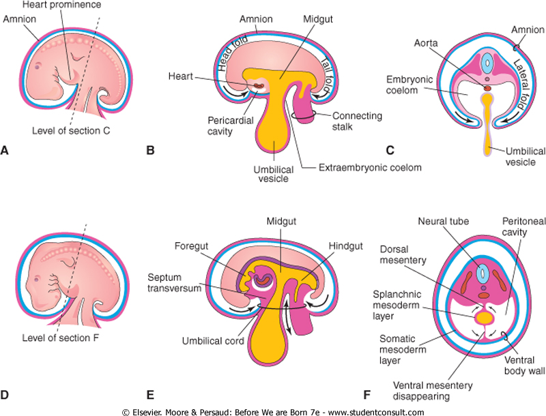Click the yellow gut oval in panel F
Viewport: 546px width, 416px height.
pyautogui.click(x=485, y=317)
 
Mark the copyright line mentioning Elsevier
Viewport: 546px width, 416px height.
pyautogui.click(x=273, y=411)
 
